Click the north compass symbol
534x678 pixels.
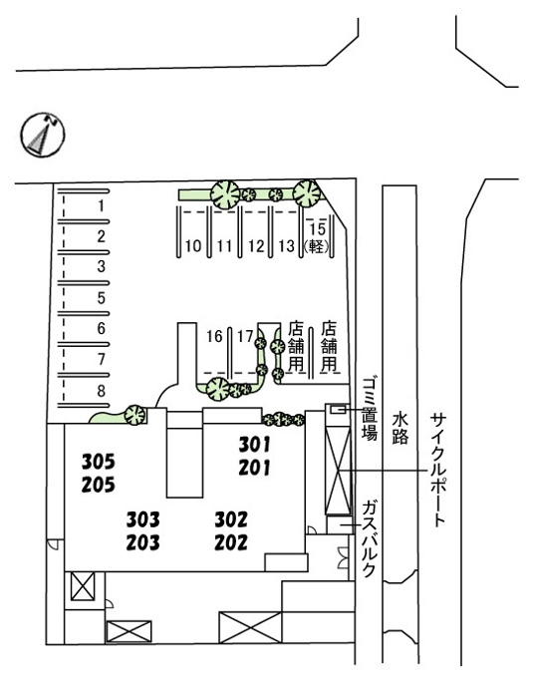pos(43,135)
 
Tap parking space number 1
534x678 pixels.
pos(101,205)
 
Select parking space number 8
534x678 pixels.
pos(101,391)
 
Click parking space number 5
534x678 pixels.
pos(101,298)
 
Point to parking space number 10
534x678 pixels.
pos(193,246)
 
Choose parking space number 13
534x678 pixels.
pos(287,246)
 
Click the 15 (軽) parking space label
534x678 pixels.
pos(317,237)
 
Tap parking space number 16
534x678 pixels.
pos(214,336)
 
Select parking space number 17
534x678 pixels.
pos(245,336)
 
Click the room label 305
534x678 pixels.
pos(99,462)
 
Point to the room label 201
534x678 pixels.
pos(254,468)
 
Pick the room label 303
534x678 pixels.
pos(143,519)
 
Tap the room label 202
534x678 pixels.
pos(231,542)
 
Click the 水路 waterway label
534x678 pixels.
pos(400,428)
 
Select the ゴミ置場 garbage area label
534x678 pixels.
pos(370,408)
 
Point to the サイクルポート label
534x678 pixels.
pos(438,470)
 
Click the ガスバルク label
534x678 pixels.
pos(369,538)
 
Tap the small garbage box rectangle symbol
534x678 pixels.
pos(339,408)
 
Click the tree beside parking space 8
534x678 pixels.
pos(134,415)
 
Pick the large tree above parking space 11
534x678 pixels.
pos(225,195)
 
